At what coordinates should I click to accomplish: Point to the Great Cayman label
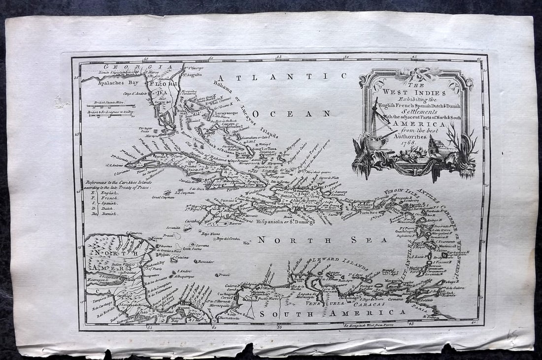click(x=163, y=197)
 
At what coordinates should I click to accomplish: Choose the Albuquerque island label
click(x=182, y=276)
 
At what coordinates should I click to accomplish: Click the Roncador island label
click(x=203, y=262)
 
